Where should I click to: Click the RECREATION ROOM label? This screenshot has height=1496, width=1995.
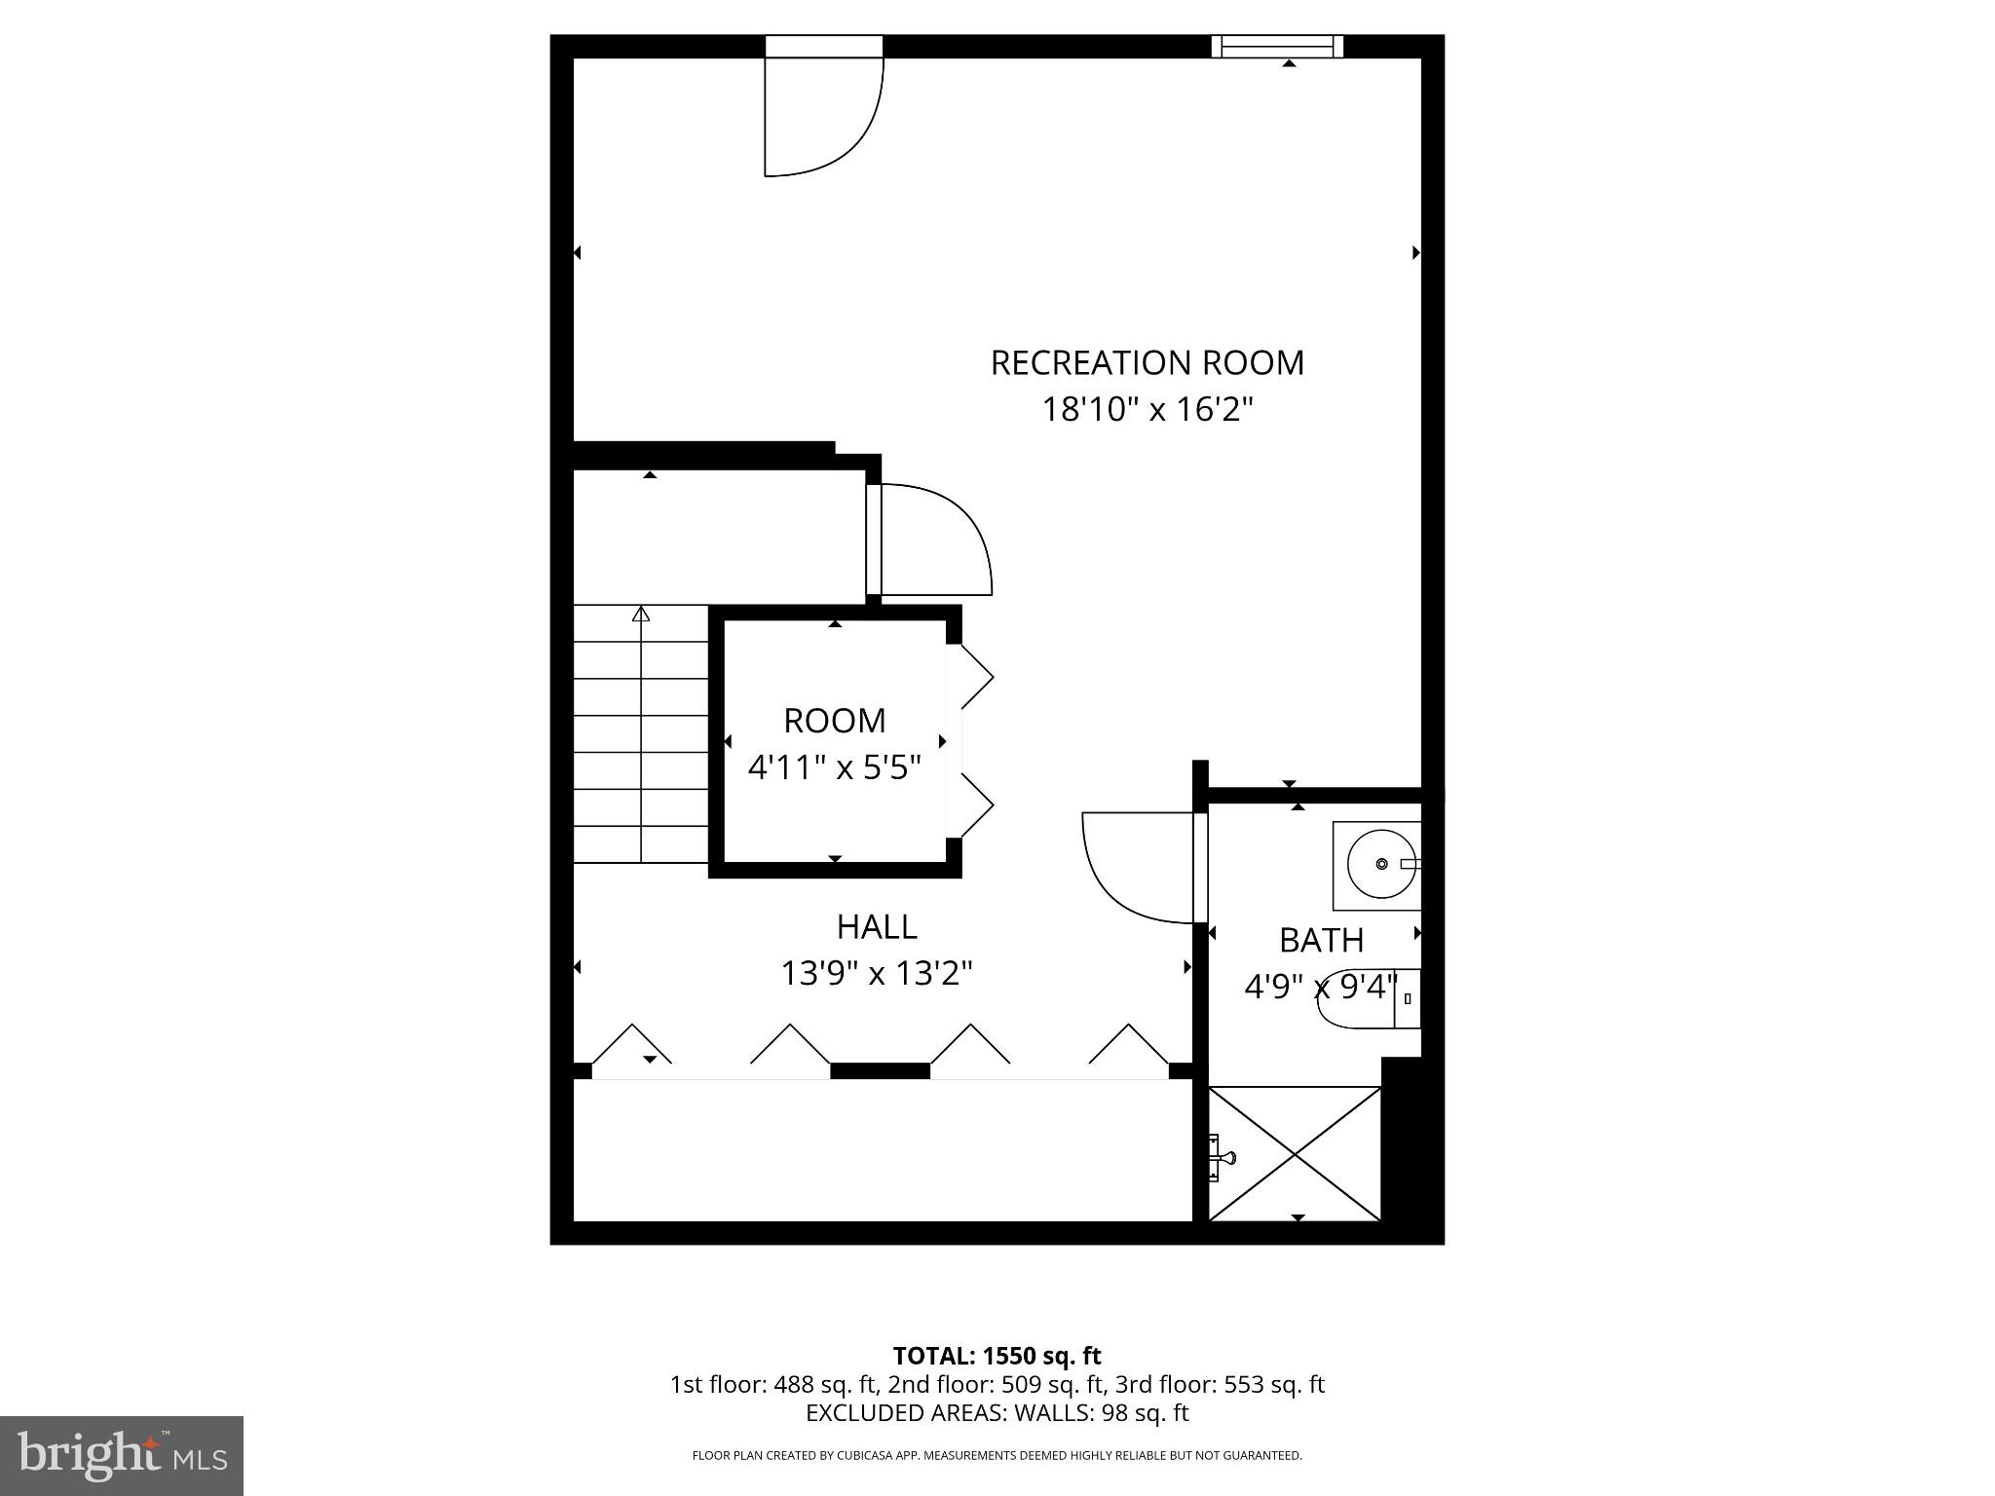click(1147, 362)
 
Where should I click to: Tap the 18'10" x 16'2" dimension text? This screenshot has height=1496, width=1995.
click(1147, 410)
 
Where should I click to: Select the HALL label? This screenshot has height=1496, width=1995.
click(877, 926)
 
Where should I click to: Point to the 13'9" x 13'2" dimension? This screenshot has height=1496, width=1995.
click(877, 973)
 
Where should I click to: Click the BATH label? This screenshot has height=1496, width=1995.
click(1321, 940)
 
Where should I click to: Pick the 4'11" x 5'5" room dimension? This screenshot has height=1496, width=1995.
click(834, 768)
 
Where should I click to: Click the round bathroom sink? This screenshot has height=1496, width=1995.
click(1380, 864)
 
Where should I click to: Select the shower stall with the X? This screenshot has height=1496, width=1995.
click(1295, 1153)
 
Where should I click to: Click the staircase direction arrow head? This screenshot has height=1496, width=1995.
click(641, 614)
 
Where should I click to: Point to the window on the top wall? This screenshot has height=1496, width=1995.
click(1277, 46)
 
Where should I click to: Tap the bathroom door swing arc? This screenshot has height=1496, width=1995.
click(1135, 867)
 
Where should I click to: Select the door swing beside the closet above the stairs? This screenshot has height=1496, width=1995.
click(935, 541)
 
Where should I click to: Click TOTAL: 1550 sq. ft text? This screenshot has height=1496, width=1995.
click(997, 1356)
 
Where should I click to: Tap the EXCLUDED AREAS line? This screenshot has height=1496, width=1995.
click(997, 1413)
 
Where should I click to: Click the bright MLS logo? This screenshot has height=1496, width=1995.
click(121, 1455)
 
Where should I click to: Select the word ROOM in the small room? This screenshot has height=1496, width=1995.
click(834, 721)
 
